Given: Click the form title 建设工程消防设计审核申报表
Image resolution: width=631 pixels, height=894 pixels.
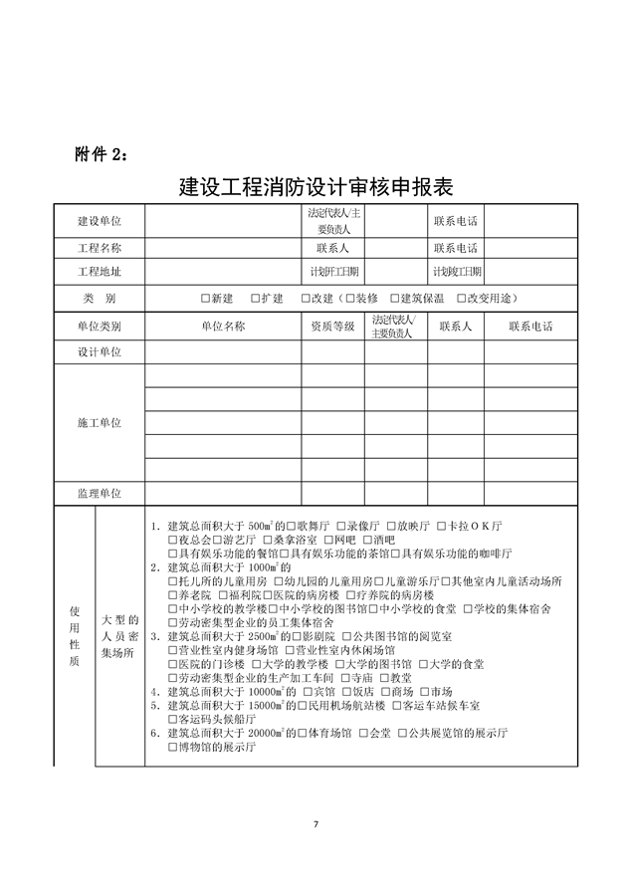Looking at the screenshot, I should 315,186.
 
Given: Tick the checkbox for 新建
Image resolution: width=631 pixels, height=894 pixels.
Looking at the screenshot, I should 205,298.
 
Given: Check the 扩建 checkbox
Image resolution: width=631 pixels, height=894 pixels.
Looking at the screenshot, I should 256,298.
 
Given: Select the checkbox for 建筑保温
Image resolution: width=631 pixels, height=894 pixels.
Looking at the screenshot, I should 395,298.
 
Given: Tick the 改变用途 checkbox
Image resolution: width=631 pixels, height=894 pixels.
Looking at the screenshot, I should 460,298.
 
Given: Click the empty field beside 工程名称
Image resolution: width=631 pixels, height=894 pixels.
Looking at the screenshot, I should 223,247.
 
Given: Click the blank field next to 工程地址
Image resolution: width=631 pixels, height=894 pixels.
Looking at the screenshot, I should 223,271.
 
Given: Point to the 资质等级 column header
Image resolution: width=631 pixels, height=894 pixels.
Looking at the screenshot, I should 332,326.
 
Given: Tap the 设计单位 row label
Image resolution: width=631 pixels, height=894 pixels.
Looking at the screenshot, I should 100,352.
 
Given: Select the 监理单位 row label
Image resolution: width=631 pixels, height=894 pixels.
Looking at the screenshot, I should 100,493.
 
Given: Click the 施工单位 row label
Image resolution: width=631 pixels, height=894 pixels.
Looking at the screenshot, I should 100,423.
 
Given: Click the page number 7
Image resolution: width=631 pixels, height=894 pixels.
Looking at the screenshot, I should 315,824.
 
